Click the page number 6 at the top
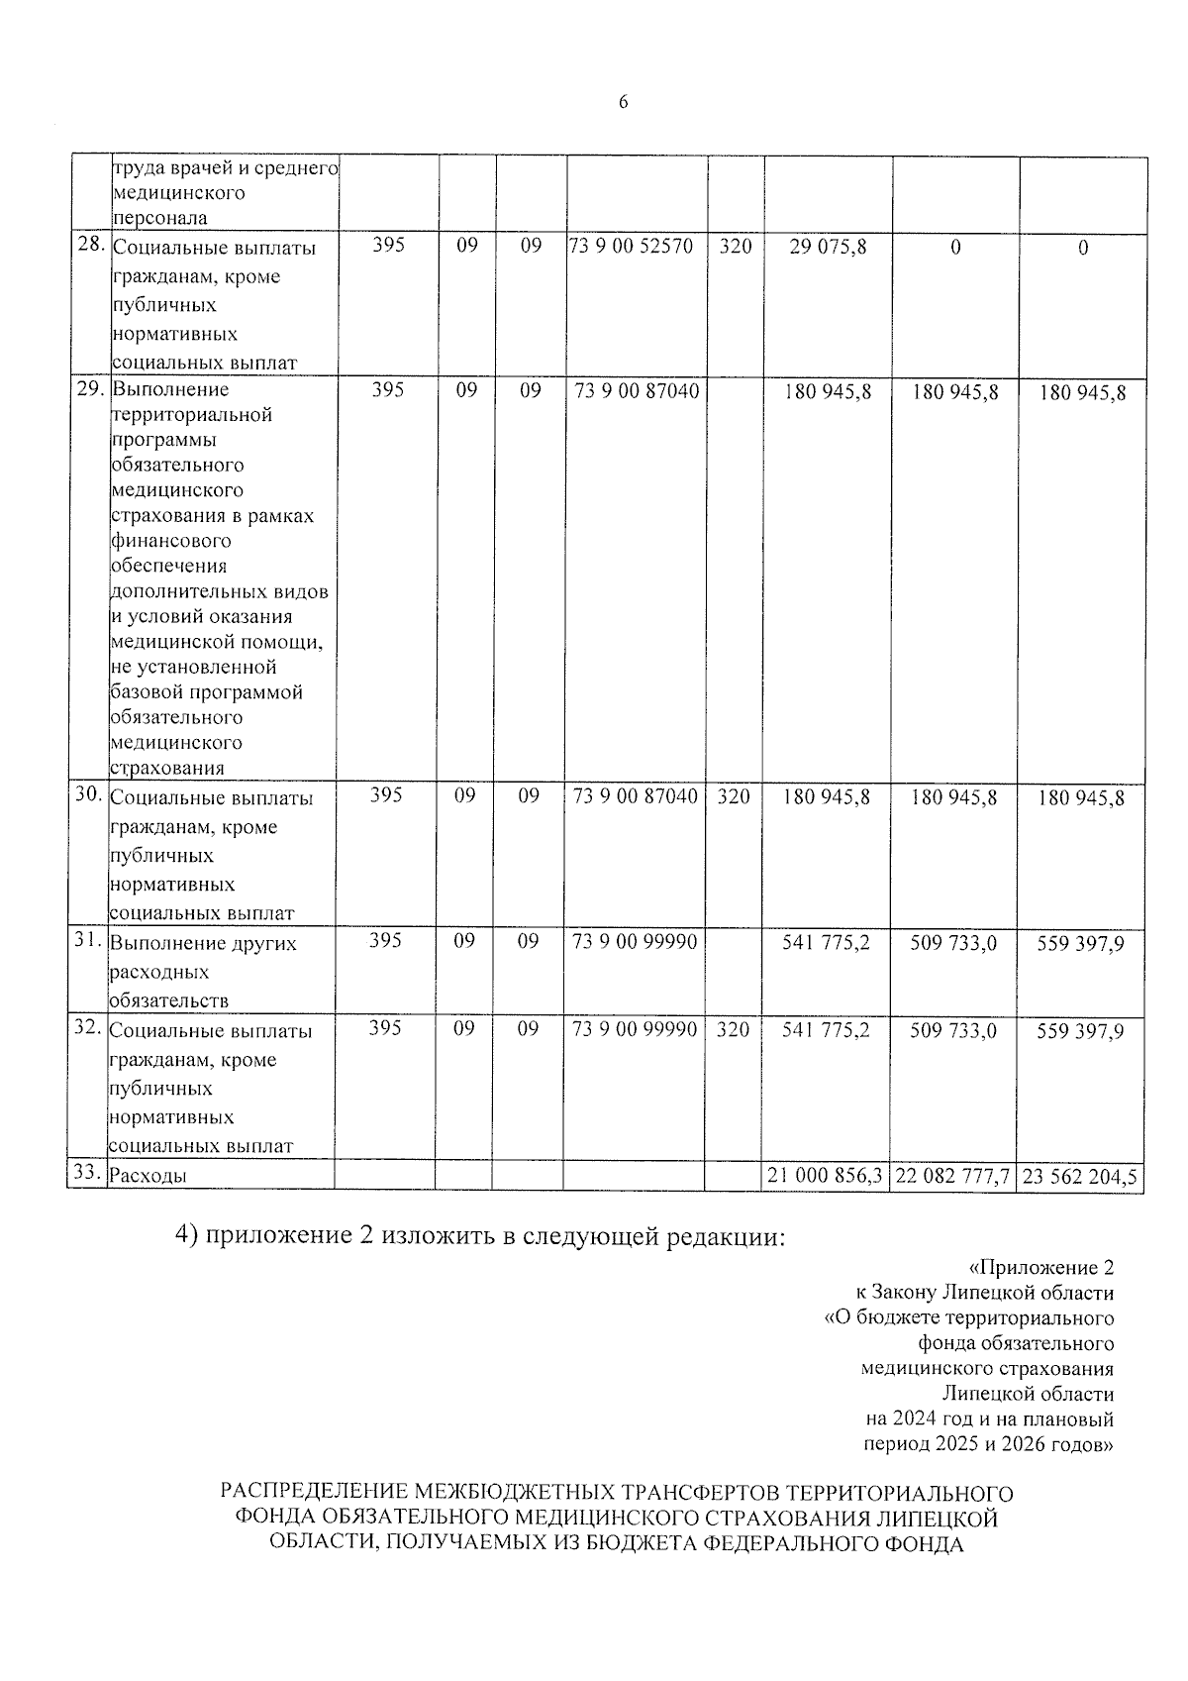click(623, 103)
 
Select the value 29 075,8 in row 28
click(828, 247)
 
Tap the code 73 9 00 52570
click(635, 246)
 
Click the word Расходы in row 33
click(148, 1176)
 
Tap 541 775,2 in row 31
click(826, 943)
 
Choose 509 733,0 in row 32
click(953, 1031)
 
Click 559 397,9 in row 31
click(1080, 944)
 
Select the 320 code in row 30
click(734, 795)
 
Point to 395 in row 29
click(388, 390)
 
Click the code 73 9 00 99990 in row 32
click(635, 1030)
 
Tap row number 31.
click(89, 941)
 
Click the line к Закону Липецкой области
click(984, 1293)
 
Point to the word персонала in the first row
click(159, 218)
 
